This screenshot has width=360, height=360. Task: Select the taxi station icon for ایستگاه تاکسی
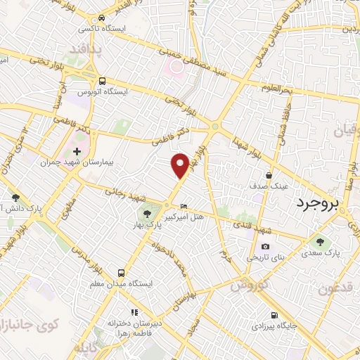103,18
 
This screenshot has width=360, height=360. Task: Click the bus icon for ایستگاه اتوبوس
103,81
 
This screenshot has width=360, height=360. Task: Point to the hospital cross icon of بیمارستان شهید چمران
77,150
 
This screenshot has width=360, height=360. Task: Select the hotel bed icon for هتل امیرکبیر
184,207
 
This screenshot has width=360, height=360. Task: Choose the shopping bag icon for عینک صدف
269,175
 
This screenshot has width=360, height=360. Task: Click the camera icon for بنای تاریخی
265,246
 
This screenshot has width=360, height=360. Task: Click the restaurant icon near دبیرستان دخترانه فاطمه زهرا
134,312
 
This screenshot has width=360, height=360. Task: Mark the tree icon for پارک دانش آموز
15,198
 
